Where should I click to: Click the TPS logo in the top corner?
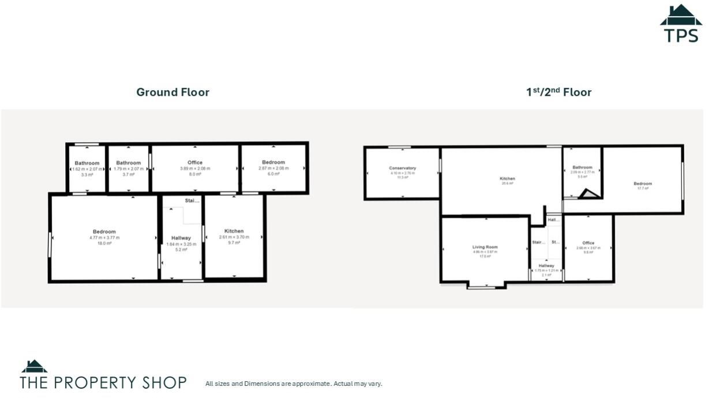681,24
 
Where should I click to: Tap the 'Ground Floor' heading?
172,92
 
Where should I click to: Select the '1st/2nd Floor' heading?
558,92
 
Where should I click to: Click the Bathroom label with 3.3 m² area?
87,163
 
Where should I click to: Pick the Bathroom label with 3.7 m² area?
128,163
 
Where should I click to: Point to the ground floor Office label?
195,163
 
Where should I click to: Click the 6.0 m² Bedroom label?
273,163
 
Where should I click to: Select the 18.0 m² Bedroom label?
104,232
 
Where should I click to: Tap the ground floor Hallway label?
181,238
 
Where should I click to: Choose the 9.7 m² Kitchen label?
234,231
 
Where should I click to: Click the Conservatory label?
402,168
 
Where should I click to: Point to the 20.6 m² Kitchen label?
507,178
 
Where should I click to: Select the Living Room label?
485,247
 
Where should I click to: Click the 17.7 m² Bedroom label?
643,184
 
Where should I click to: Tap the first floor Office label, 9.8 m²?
588,243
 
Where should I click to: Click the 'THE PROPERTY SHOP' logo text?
103,382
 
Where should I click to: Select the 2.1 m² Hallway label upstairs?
546,266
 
